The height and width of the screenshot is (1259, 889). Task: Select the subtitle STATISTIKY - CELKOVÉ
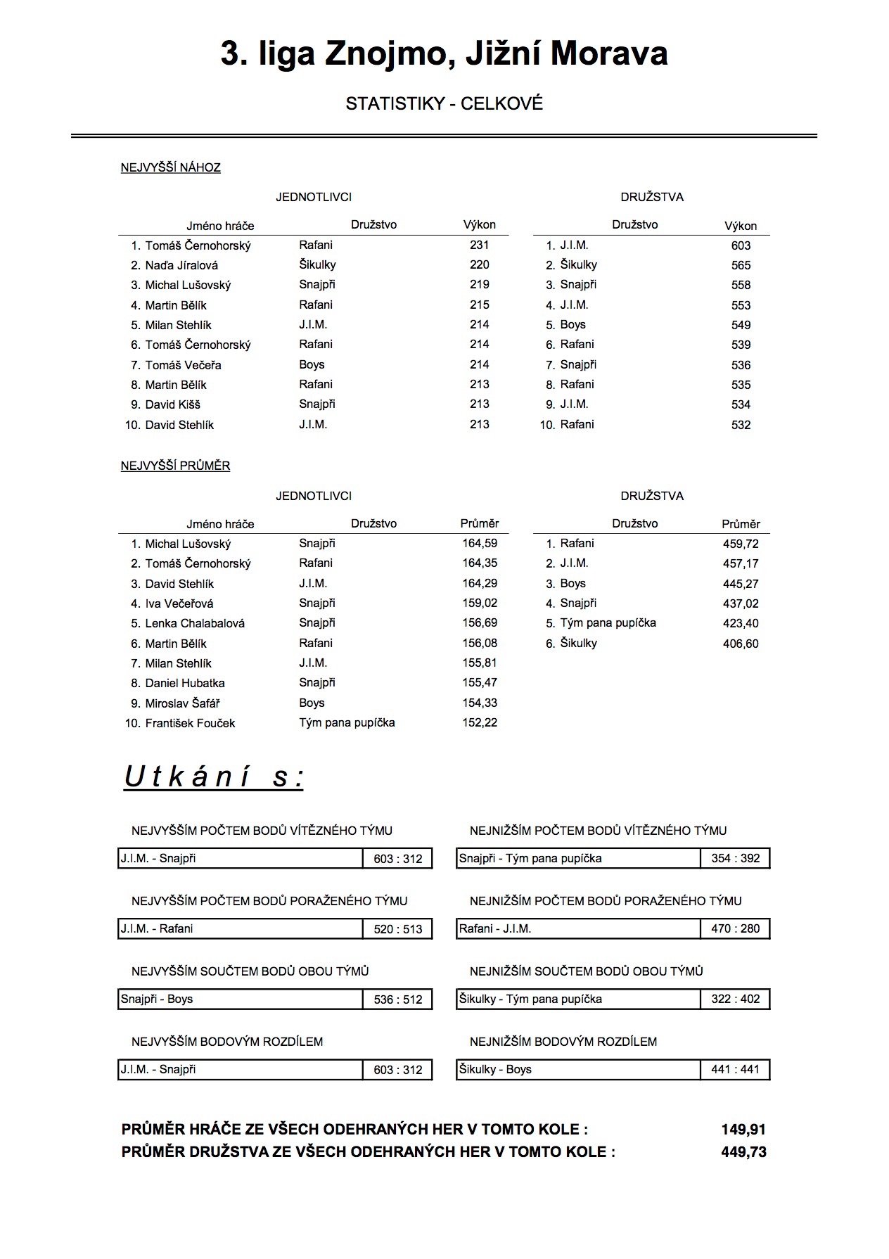point(444,104)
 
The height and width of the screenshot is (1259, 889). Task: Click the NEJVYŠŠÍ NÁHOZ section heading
point(170,167)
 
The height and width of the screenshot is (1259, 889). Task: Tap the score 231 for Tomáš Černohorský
point(479,245)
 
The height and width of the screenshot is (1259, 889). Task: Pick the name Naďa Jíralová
point(181,265)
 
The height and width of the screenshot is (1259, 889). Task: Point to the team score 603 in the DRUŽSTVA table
point(741,245)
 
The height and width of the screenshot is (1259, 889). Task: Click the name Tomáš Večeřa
point(183,365)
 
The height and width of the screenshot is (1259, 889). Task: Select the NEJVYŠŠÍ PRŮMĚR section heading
point(175,466)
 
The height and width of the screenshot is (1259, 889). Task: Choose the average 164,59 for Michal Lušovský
point(480,543)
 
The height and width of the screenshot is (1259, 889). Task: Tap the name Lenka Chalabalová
point(195,623)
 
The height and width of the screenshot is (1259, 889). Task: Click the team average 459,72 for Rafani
point(741,544)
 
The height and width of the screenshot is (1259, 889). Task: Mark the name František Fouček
point(190,723)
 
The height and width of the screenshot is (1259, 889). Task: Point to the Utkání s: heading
point(214,777)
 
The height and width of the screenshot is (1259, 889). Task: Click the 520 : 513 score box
point(398,929)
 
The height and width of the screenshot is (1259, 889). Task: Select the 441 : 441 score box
point(735,1070)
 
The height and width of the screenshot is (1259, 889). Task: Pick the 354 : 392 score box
point(735,859)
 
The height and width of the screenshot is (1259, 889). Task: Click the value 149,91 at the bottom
point(743,1130)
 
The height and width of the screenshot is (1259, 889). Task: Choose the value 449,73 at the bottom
point(743,1152)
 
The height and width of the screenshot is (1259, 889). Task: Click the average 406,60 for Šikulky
point(741,644)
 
